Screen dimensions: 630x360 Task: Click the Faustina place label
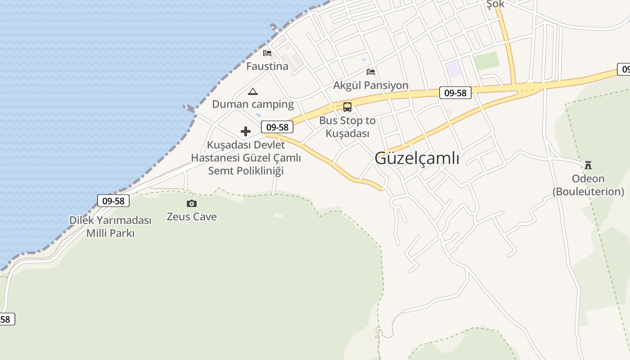267,67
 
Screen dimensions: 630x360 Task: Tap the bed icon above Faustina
267,53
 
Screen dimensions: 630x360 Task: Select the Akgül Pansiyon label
371,85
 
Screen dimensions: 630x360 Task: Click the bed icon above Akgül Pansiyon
371,72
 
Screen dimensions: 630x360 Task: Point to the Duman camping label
253,104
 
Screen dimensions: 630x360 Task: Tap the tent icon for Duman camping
253,92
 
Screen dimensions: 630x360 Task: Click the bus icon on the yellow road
347,107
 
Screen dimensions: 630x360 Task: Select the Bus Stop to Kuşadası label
347,127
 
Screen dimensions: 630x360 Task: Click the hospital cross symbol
246,131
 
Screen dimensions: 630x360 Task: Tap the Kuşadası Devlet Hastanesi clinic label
246,158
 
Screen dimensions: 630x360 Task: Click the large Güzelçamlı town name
417,158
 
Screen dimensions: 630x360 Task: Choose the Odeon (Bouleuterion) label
588,185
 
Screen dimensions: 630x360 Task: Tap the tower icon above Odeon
588,165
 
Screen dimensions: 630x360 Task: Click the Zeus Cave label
192,217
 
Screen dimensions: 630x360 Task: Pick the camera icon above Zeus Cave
192,204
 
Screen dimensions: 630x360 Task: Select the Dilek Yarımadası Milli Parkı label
110,227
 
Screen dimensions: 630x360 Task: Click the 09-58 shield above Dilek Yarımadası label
113,201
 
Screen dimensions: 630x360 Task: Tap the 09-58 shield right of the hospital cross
277,127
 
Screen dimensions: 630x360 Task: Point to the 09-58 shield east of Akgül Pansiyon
455,93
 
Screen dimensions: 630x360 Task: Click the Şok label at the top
495,4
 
